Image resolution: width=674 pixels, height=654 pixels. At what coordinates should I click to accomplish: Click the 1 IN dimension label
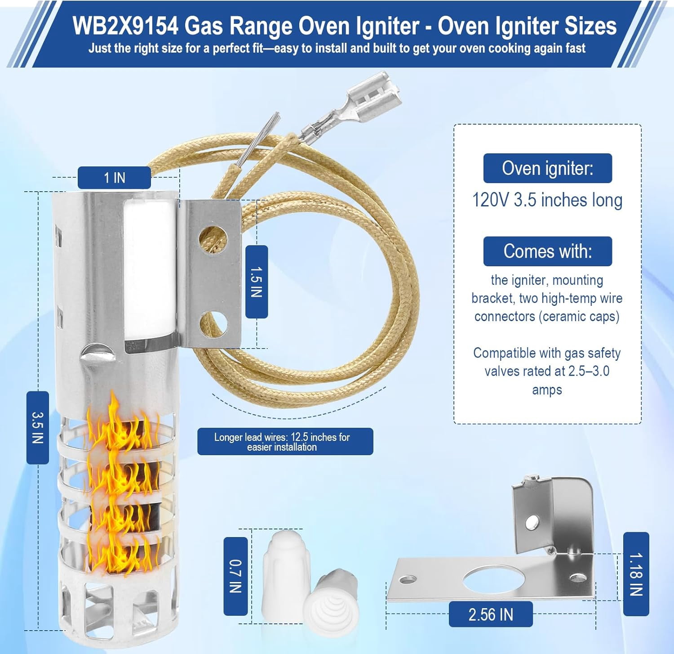(x=114, y=178)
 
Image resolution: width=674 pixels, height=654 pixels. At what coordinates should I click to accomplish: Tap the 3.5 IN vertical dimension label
(x=38, y=427)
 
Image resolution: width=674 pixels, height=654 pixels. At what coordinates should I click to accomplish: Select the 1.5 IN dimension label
(x=257, y=282)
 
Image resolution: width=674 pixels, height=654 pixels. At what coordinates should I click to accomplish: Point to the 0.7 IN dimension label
(x=235, y=576)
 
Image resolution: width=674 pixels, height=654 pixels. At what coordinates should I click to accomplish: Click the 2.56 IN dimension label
(x=491, y=614)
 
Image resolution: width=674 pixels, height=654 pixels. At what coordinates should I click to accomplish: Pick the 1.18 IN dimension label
(x=636, y=574)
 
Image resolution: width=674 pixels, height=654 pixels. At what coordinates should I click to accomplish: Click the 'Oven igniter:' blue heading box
(x=548, y=168)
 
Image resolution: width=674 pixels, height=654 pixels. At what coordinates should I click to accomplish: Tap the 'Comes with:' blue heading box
(x=548, y=251)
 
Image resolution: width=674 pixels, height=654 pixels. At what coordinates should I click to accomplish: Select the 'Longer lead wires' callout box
(x=285, y=442)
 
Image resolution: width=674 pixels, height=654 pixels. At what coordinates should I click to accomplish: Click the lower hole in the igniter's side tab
(x=213, y=323)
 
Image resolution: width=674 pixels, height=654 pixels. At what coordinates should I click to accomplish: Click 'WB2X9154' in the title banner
(x=125, y=26)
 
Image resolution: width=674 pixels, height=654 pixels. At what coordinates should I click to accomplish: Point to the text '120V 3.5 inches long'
(x=547, y=200)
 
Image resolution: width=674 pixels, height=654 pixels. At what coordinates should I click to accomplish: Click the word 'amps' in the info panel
(x=547, y=390)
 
